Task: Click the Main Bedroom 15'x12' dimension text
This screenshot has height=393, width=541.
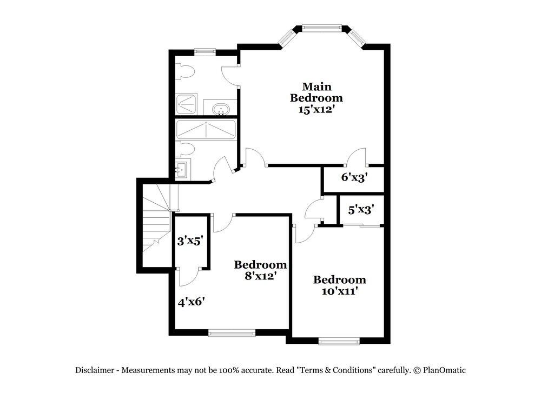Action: coord(316,110)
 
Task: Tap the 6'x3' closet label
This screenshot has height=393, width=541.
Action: coord(354,177)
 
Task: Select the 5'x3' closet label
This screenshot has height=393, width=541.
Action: coord(361,209)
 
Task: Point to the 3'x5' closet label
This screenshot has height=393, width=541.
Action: coord(190,241)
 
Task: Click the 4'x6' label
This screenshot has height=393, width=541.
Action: coord(191,302)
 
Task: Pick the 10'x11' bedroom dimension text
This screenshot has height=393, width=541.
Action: coord(339,291)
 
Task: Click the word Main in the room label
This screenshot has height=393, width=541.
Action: coord(316,86)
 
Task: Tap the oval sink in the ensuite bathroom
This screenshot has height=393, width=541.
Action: coord(221,110)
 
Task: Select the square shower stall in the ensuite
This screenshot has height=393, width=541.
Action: coord(187,104)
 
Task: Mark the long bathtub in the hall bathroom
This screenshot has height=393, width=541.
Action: coord(206,130)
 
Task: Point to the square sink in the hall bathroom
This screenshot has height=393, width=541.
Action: coord(181,169)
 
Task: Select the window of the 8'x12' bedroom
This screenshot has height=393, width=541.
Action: coord(232,334)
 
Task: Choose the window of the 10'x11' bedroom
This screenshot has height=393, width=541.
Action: coord(339,341)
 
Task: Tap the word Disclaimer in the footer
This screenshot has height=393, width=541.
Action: coord(94,370)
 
